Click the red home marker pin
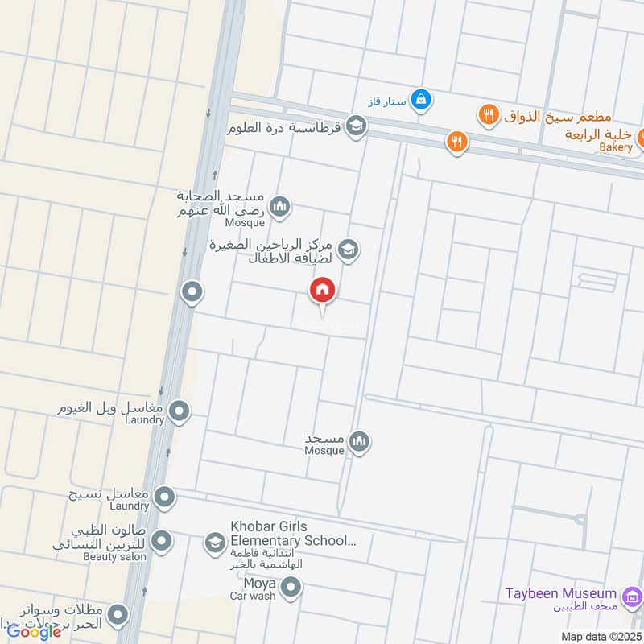tap(323, 291)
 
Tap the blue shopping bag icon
tap(420, 101)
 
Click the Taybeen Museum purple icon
tap(633, 597)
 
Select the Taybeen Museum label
tap(560, 593)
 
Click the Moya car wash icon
tap(291, 588)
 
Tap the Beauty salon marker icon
tap(162, 541)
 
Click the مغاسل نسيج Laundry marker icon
tap(165, 497)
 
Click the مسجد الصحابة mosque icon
tap(280, 208)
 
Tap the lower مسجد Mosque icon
tap(360, 441)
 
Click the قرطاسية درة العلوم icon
tap(356, 126)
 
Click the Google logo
tap(34, 631)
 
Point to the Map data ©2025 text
tap(602, 636)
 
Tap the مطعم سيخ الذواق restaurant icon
tap(489, 115)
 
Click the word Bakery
tap(617, 148)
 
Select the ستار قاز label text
tap(383, 101)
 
